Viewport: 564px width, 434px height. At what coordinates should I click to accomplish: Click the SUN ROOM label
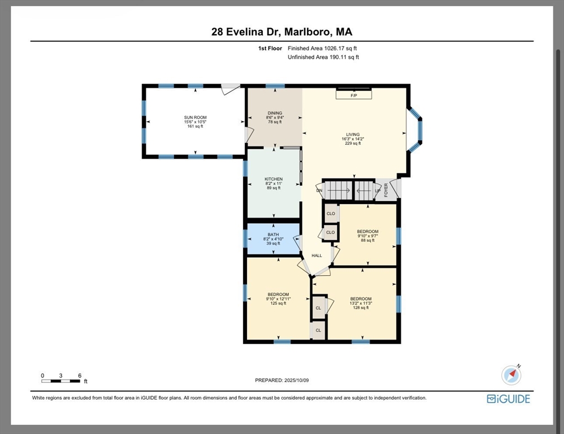(x=196, y=118)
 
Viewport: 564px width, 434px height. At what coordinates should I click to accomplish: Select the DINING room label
(x=275, y=113)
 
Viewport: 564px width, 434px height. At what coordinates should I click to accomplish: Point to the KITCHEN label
(x=274, y=179)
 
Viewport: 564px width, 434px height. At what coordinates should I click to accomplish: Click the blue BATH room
(x=274, y=238)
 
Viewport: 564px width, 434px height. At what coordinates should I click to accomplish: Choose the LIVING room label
(x=353, y=134)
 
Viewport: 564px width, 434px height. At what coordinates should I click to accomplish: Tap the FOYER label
(x=386, y=190)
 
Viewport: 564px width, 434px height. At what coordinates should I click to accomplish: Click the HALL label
(x=317, y=255)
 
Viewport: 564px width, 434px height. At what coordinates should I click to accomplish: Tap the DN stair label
(x=319, y=190)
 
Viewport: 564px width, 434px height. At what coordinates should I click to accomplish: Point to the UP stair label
(x=378, y=191)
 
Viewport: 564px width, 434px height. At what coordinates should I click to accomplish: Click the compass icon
(x=511, y=375)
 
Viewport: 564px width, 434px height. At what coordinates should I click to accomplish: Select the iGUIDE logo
(x=508, y=399)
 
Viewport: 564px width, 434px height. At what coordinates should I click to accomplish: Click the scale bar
(x=61, y=381)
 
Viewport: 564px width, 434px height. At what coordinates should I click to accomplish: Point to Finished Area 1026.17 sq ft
(x=322, y=48)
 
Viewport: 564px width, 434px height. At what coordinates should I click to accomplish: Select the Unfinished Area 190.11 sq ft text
(x=323, y=57)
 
